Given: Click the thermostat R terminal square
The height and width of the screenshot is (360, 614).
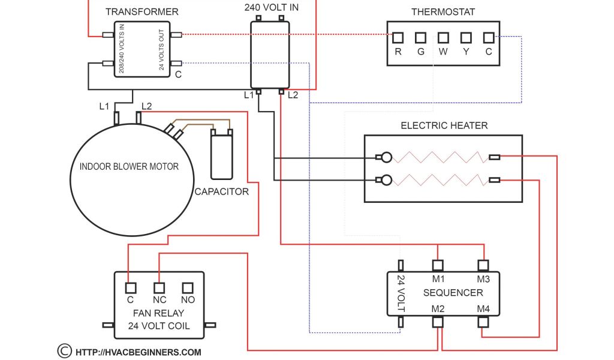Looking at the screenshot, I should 398,38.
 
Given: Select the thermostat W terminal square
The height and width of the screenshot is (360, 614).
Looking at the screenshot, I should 443,38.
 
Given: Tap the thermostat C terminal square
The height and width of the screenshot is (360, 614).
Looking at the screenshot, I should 489,38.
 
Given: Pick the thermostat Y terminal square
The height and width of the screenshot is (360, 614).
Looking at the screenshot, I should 466,38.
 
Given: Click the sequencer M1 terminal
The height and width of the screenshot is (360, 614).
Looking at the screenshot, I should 438,265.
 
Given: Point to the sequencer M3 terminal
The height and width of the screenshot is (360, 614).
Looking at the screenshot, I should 483,265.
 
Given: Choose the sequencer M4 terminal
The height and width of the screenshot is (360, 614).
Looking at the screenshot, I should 483,322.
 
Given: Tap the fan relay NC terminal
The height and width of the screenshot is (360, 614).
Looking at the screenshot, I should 159,287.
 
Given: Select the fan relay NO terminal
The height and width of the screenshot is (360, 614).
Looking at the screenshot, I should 188,287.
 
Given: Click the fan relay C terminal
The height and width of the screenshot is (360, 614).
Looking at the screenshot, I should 130,287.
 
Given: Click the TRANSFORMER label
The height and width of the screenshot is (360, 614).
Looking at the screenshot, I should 142,12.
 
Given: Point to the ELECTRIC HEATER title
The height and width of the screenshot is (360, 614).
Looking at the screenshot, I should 444,125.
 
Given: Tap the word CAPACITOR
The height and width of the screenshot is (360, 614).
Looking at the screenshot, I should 221,192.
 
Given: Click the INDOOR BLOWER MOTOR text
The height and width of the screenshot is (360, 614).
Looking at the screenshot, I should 129,166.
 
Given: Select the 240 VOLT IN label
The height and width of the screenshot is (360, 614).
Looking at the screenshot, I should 271,8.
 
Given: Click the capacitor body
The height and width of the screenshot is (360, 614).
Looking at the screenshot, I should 221,156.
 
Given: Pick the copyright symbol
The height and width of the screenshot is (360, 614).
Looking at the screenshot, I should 64,351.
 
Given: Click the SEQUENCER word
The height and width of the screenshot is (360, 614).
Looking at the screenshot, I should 453,293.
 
